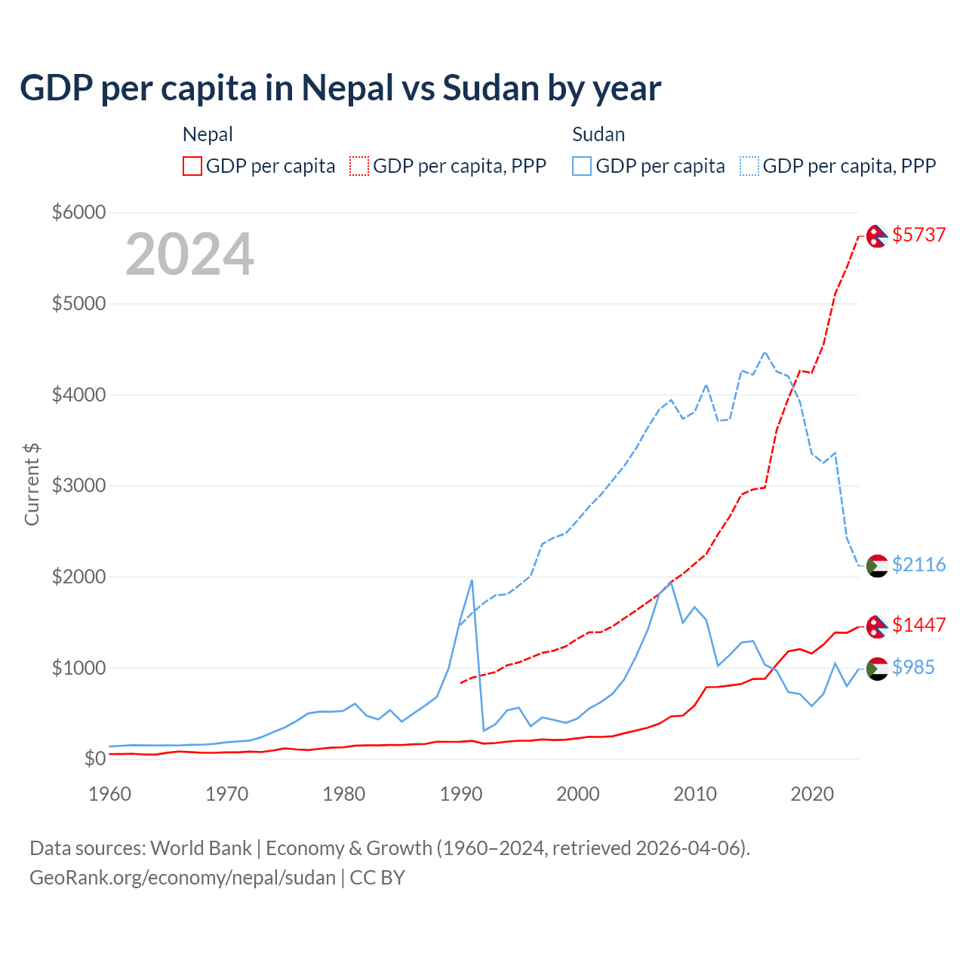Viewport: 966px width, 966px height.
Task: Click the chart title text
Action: coord(340,88)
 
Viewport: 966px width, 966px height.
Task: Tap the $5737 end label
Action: coord(918,235)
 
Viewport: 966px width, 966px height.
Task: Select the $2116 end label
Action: coord(918,565)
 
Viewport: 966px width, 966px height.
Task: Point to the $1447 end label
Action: coord(918,625)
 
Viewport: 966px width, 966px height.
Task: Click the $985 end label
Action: coord(913,667)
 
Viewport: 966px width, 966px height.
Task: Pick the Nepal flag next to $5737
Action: coord(876,236)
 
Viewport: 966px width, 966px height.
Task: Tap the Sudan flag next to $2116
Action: coord(876,565)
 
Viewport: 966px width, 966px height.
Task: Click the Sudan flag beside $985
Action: coord(876,669)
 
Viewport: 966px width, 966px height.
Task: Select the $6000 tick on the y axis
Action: coord(78,212)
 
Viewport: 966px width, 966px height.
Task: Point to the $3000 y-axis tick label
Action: coord(78,485)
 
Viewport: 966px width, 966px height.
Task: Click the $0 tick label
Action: coord(94,758)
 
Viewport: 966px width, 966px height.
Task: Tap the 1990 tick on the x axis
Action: coord(461,794)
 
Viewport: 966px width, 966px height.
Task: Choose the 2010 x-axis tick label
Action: coord(695,794)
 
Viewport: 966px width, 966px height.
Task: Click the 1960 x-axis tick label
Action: coord(110,794)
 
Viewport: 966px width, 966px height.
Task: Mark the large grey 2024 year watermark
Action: coord(189,254)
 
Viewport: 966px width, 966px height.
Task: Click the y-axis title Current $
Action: coord(32,485)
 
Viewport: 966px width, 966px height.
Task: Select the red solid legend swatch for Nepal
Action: coord(192,166)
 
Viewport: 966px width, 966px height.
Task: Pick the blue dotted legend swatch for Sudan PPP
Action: coord(749,166)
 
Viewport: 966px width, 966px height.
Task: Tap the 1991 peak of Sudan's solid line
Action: coord(472,580)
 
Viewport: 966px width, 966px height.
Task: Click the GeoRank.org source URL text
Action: coord(183,878)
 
